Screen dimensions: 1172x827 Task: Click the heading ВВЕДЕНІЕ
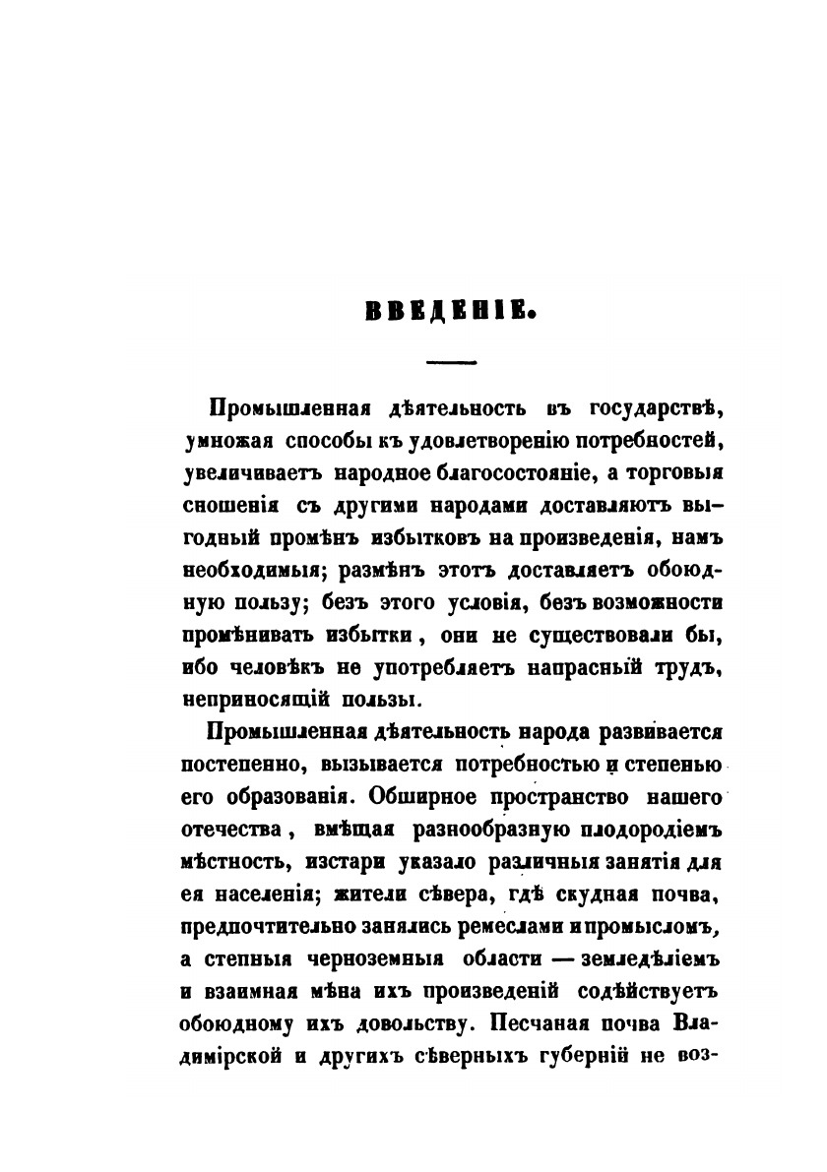[449, 314]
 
